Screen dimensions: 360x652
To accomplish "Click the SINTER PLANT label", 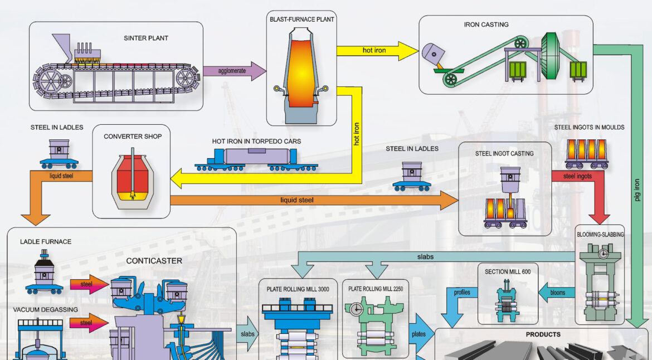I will pyautogui.click(x=146, y=38).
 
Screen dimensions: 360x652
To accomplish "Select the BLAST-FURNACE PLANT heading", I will pyautogui.click(x=301, y=20).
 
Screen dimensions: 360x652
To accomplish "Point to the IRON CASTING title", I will pyautogui.click(x=486, y=25).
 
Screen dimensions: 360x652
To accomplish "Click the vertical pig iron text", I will pyautogui.click(x=638, y=190).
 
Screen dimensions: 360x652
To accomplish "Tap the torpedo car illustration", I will pyautogui.click(x=256, y=157).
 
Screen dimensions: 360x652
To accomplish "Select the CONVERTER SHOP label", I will pyautogui.click(x=133, y=137).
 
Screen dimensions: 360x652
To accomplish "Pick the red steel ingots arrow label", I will pyautogui.click(x=577, y=177).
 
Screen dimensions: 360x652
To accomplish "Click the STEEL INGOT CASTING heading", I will pyautogui.click(x=504, y=153).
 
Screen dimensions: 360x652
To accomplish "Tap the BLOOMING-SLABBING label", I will pyautogui.click(x=600, y=235).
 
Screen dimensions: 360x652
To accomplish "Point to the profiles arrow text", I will pyautogui.click(x=462, y=292).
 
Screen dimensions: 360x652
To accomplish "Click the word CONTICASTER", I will pyautogui.click(x=154, y=260).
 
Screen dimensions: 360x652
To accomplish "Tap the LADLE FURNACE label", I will pyautogui.click(x=46, y=242).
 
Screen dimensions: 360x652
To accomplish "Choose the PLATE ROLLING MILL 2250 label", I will pyautogui.click(x=375, y=289).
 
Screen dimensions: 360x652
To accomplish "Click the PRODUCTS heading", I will pyautogui.click(x=543, y=335).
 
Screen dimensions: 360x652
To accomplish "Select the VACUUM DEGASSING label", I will pyautogui.click(x=45, y=309).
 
